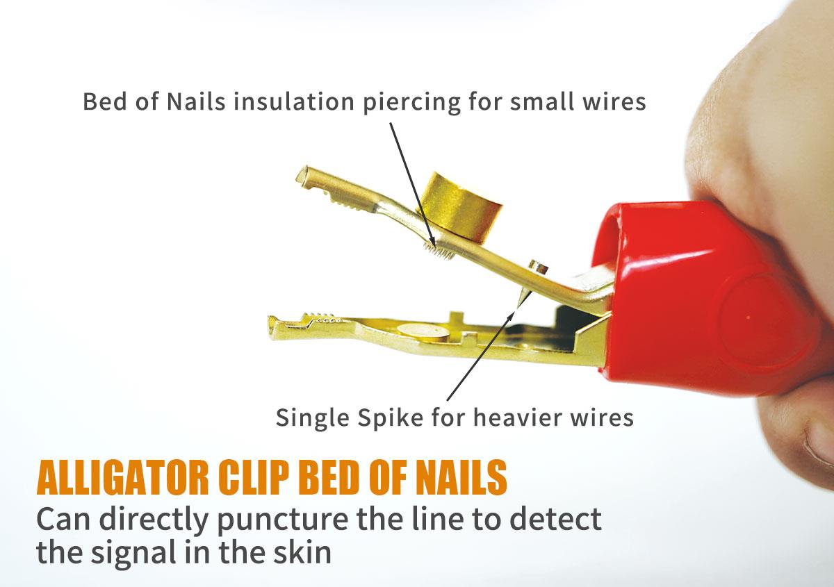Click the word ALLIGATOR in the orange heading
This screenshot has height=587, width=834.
(x=123, y=477)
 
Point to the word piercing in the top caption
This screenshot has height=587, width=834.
(x=411, y=103)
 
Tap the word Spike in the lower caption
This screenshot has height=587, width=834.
(x=390, y=418)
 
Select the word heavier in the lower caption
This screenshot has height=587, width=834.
(x=517, y=417)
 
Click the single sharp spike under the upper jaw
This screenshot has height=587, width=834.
(x=523, y=298)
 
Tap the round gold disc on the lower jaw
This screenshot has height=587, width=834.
(x=422, y=330)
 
